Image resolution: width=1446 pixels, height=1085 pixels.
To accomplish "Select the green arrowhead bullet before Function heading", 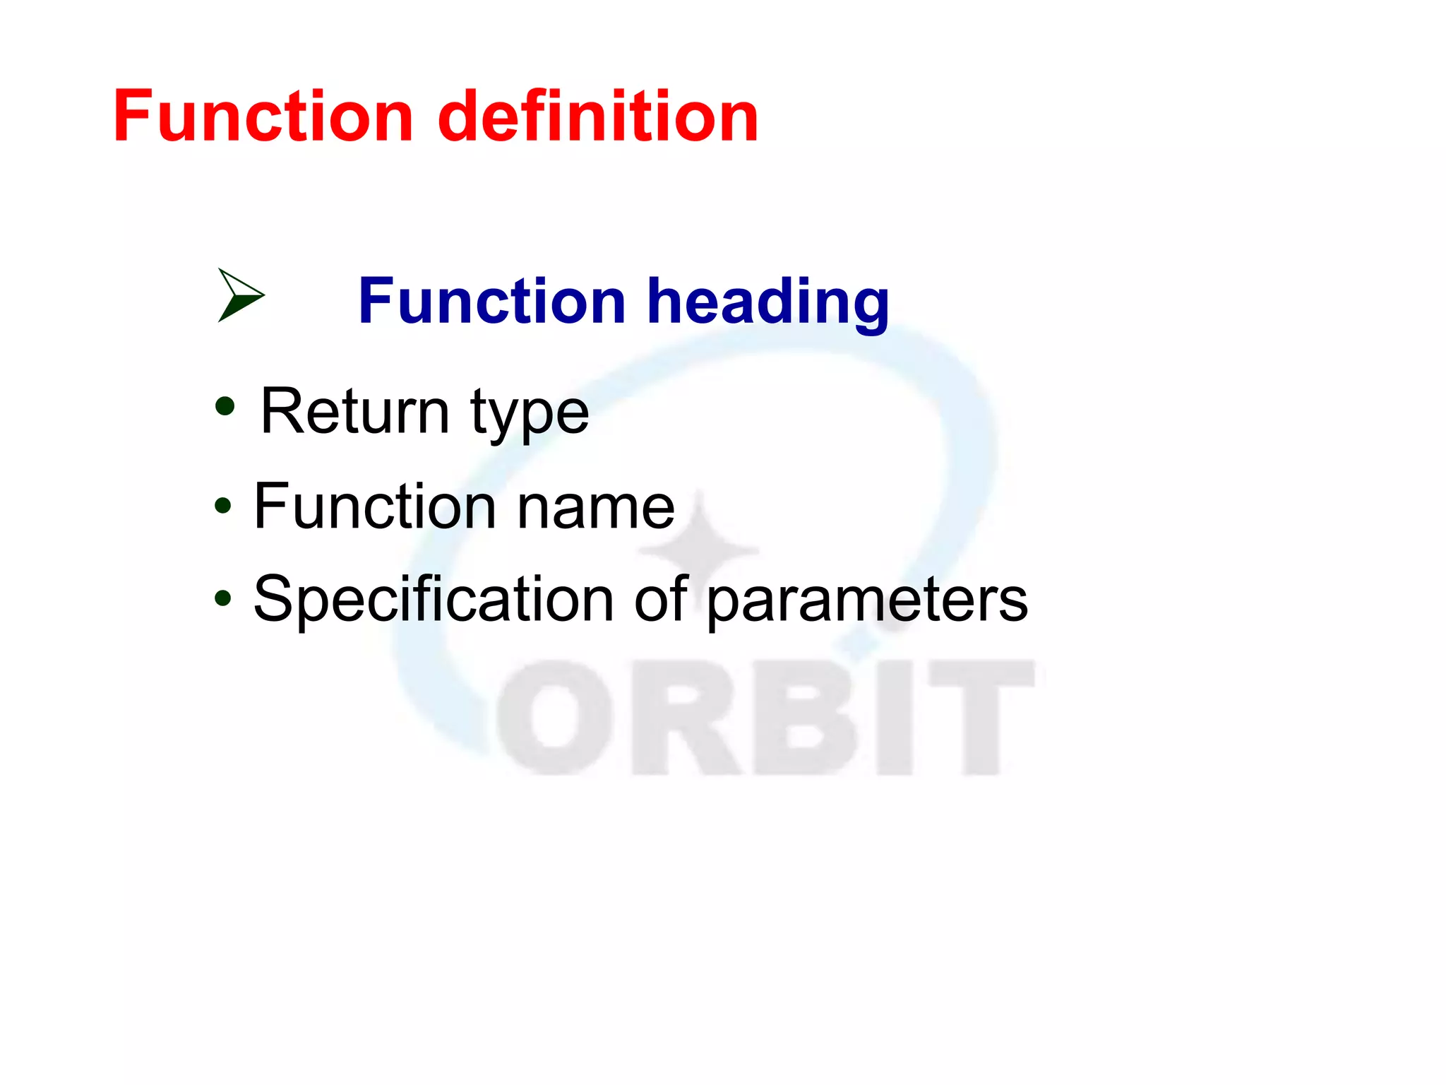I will click(239, 295).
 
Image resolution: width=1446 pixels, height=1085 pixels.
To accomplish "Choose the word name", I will click(596, 509).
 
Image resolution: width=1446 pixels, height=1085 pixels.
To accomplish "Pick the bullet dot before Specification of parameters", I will click(223, 598).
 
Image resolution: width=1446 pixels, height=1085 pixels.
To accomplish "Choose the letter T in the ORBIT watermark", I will click(981, 717).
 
